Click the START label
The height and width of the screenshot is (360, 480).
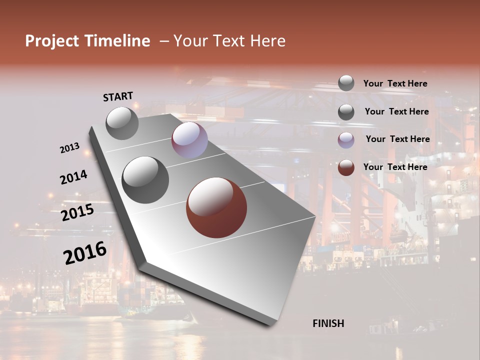click(x=118, y=96)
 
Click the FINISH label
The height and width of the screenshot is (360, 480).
click(x=328, y=323)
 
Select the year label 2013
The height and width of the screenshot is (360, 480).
click(x=69, y=148)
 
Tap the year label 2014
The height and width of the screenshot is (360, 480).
click(x=73, y=177)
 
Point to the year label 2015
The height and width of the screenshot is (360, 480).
click(x=77, y=212)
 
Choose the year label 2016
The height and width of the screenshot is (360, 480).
click(x=84, y=252)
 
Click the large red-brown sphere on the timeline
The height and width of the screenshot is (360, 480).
click(x=216, y=207)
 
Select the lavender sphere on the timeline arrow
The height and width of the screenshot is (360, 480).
click(x=189, y=140)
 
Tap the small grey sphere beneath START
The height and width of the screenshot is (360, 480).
click(x=122, y=123)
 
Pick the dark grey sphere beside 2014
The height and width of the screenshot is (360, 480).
click(x=145, y=180)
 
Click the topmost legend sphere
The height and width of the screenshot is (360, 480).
click(x=346, y=83)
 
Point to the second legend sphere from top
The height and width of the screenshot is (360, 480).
click(x=346, y=112)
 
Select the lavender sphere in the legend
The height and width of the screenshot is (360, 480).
click(x=346, y=140)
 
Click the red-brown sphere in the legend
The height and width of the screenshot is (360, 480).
click(x=346, y=167)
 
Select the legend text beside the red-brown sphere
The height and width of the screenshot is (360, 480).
click(x=395, y=167)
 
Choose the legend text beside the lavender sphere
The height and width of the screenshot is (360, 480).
click(x=397, y=139)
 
